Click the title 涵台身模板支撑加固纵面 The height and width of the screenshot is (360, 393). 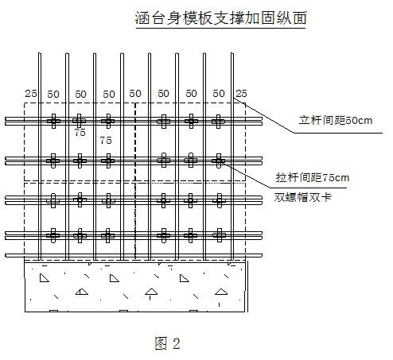tap(221, 18)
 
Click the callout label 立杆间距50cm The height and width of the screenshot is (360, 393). tap(336, 121)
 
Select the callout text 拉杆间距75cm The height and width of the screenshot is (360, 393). tap(313, 177)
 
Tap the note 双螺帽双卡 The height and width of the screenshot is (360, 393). tap(302, 197)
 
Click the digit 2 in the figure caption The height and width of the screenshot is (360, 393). tap(177, 343)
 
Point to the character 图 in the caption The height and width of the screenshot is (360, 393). tap(161, 343)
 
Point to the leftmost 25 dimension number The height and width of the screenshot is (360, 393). tap(31, 94)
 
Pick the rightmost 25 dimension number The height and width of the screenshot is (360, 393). tap(242, 94)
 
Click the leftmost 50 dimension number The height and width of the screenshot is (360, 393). tap(53, 95)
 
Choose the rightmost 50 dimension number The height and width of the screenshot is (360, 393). tap(219, 94)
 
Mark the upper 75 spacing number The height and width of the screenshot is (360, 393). tap(80, 133)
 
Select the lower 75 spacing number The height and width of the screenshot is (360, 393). tap(106, 141)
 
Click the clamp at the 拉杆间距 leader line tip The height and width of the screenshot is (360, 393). tap(218, 161)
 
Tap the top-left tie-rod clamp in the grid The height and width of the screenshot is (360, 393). tap(53, 122)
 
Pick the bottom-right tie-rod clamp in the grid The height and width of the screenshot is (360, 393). tap(219, 235)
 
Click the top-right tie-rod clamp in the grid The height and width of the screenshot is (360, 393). tap(218, 122)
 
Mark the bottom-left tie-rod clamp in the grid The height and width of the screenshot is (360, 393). tap(53, 235)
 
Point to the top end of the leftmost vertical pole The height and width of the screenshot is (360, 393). tap(40, 53)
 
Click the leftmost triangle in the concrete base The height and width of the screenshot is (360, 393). tap(45, 278)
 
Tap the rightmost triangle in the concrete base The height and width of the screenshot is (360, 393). tap(221, 292)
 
